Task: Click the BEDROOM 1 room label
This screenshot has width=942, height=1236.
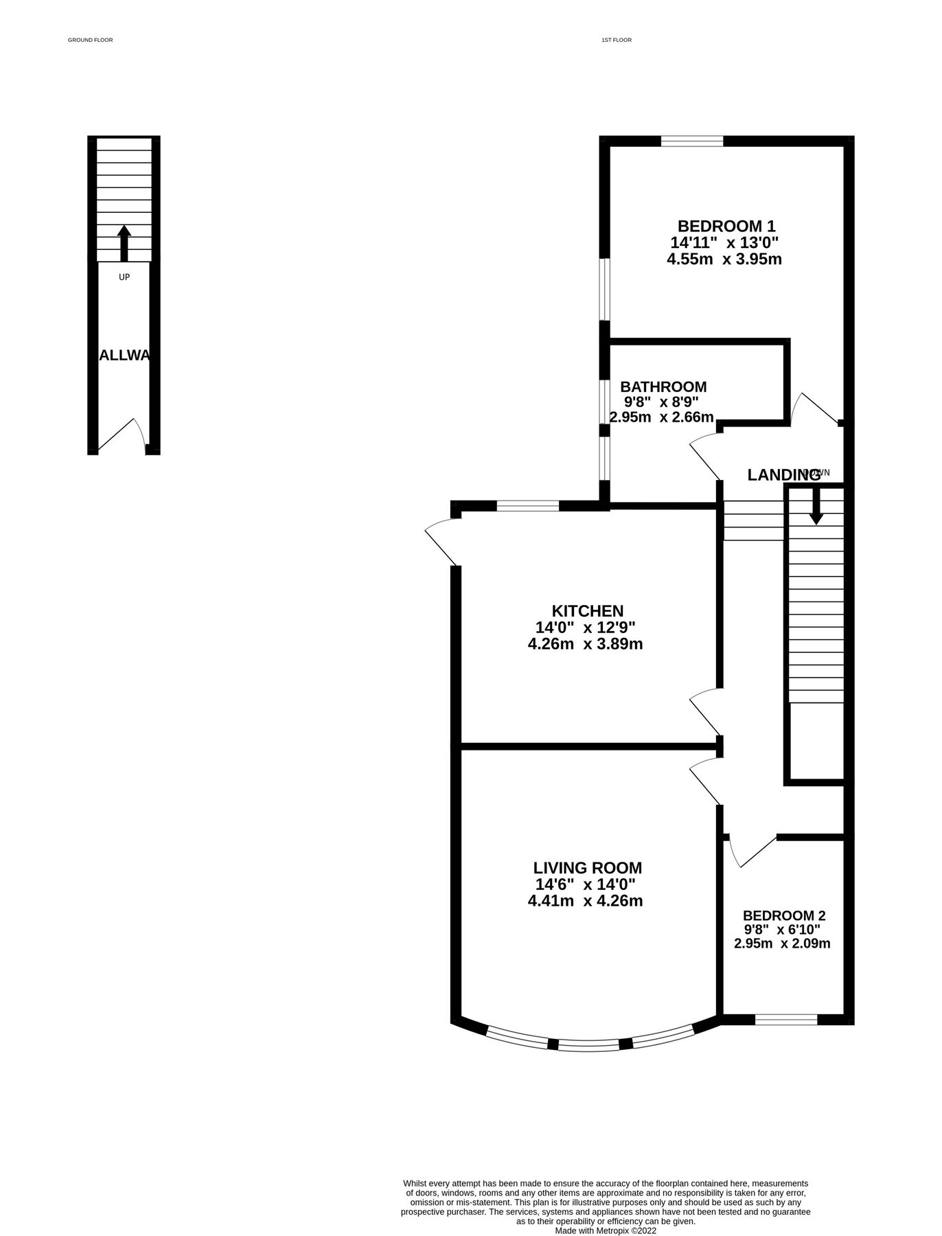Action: point(726,226)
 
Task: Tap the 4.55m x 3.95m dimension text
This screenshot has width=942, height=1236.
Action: point(724,260)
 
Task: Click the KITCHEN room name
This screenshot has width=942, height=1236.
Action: point(588,611)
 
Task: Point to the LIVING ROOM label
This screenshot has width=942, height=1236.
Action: point(588,868)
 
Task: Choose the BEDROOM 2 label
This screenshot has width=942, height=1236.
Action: point(783,916)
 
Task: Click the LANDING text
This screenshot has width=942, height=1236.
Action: point(783,474)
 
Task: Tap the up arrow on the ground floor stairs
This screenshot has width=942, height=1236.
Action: point(124,242)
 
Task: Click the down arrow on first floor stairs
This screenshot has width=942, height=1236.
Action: point(816,506)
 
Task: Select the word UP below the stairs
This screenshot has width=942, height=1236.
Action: point(124,277)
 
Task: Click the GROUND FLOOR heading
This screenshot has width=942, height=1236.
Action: point(90,41)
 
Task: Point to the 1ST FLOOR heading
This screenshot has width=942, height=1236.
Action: point(616,41)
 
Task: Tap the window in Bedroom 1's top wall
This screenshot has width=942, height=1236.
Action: point(692,141)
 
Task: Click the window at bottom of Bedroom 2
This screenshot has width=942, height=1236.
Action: point(786,1020)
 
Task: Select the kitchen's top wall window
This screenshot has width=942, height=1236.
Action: point(527,507)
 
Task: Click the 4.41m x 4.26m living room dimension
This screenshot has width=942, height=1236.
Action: point(585,901)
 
